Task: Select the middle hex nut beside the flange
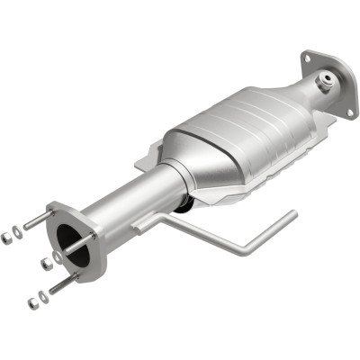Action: pos(45,264)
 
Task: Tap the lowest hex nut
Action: pos(34,301)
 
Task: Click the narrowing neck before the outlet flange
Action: pos(301,94)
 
